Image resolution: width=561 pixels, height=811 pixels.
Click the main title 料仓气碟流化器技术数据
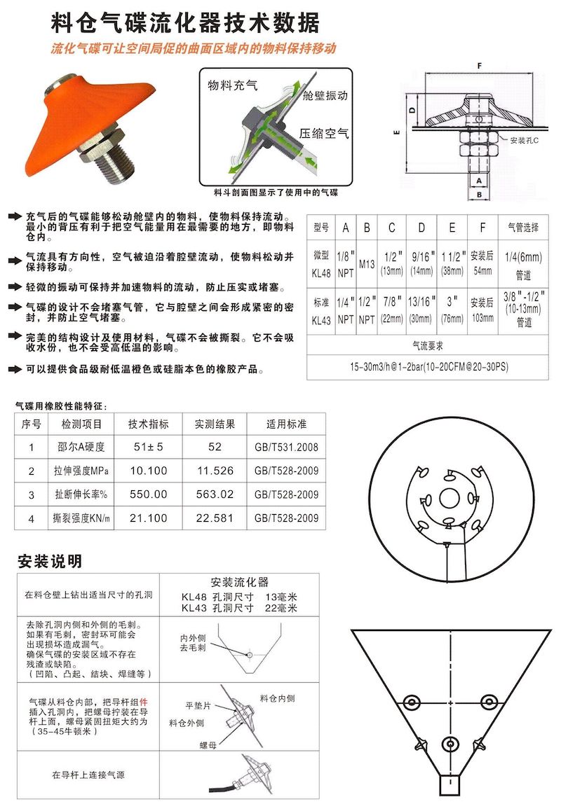[186, 22]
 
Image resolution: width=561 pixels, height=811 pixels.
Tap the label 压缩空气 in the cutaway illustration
[323, 132]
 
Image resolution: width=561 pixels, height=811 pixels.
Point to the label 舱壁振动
[324, 95]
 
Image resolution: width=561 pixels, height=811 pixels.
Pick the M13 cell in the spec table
[367, 263]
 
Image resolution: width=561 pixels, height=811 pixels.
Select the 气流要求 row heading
[428, 345]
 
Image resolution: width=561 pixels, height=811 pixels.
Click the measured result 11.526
[215, 471]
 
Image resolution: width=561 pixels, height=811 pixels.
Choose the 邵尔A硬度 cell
[81, 447]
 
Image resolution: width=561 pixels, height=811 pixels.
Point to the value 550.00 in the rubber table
[148, 494]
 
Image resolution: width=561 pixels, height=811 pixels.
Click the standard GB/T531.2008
[286, 447]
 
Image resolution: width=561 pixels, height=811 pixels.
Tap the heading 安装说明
[49, 561]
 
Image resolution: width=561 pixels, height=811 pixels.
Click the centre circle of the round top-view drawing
[450, 499]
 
